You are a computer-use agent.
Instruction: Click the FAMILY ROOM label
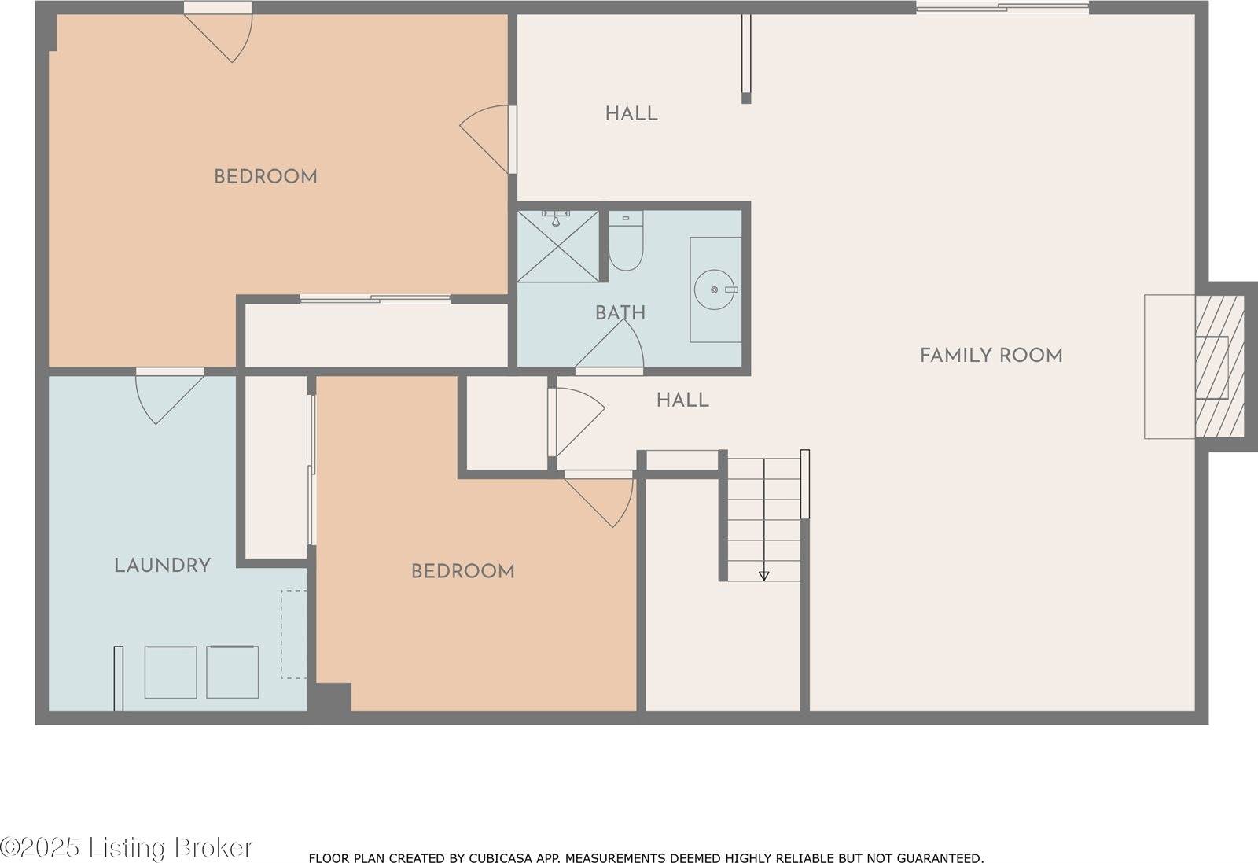991,356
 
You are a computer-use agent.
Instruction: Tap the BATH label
620,313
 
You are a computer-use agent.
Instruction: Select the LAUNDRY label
162,566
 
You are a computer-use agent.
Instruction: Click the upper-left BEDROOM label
266,177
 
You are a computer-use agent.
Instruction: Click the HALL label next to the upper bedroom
631,114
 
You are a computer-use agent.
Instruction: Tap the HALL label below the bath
682,400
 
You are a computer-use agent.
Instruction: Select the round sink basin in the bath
715,290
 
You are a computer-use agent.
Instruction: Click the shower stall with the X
558,246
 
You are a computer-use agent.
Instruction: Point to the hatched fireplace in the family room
1219,367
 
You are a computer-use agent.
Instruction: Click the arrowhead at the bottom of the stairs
763,576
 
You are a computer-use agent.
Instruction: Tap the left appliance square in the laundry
171,673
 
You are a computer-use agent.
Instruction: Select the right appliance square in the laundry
233,672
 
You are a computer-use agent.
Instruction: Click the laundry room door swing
167,397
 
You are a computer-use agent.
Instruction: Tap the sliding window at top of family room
1002,8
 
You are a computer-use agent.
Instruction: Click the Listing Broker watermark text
126,848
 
